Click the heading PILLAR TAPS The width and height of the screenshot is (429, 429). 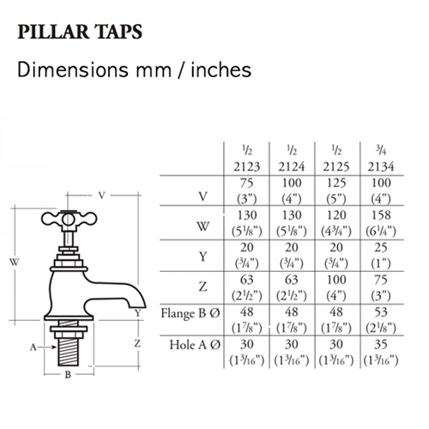80,32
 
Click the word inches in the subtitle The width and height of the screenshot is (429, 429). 221,69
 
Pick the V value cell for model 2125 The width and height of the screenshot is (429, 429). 336,190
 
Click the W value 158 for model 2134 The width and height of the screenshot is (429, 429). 381,215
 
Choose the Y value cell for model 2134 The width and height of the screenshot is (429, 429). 381,256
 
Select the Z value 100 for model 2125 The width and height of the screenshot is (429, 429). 336,280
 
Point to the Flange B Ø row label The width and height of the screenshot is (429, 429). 190,313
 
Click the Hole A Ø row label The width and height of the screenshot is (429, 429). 195,345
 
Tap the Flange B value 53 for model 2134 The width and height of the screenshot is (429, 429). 381,312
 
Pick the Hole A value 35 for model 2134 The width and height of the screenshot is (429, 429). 381,344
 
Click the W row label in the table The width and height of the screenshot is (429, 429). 202,227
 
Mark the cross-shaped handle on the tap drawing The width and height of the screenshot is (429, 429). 69,220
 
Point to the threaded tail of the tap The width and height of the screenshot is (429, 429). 68,353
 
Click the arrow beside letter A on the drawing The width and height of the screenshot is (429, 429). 47,347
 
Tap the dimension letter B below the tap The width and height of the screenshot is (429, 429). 68,374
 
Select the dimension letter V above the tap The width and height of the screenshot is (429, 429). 101,196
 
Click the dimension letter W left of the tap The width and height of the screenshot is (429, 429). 15,262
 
